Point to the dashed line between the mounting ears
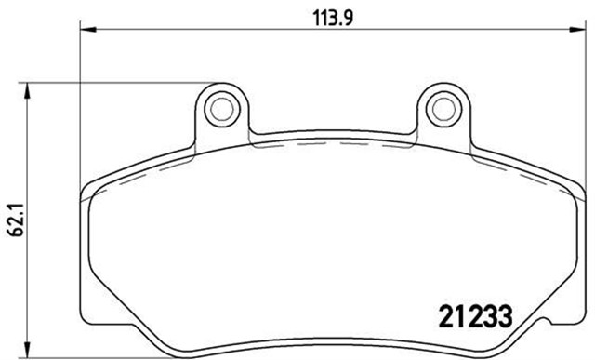coord(331,148)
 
